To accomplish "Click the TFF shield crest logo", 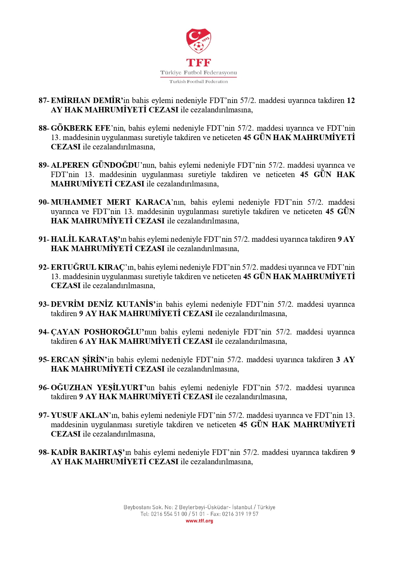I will (199, 41).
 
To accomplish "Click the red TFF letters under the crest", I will (199, 62).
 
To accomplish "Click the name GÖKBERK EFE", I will (80, 128).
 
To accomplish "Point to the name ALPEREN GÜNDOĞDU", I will (95, 165).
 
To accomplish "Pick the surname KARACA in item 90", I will (153, 202).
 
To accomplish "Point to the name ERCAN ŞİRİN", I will (79, 360).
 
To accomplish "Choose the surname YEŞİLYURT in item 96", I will (120, 388).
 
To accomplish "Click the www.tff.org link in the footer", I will (199, 521).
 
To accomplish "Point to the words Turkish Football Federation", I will (199, 81).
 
